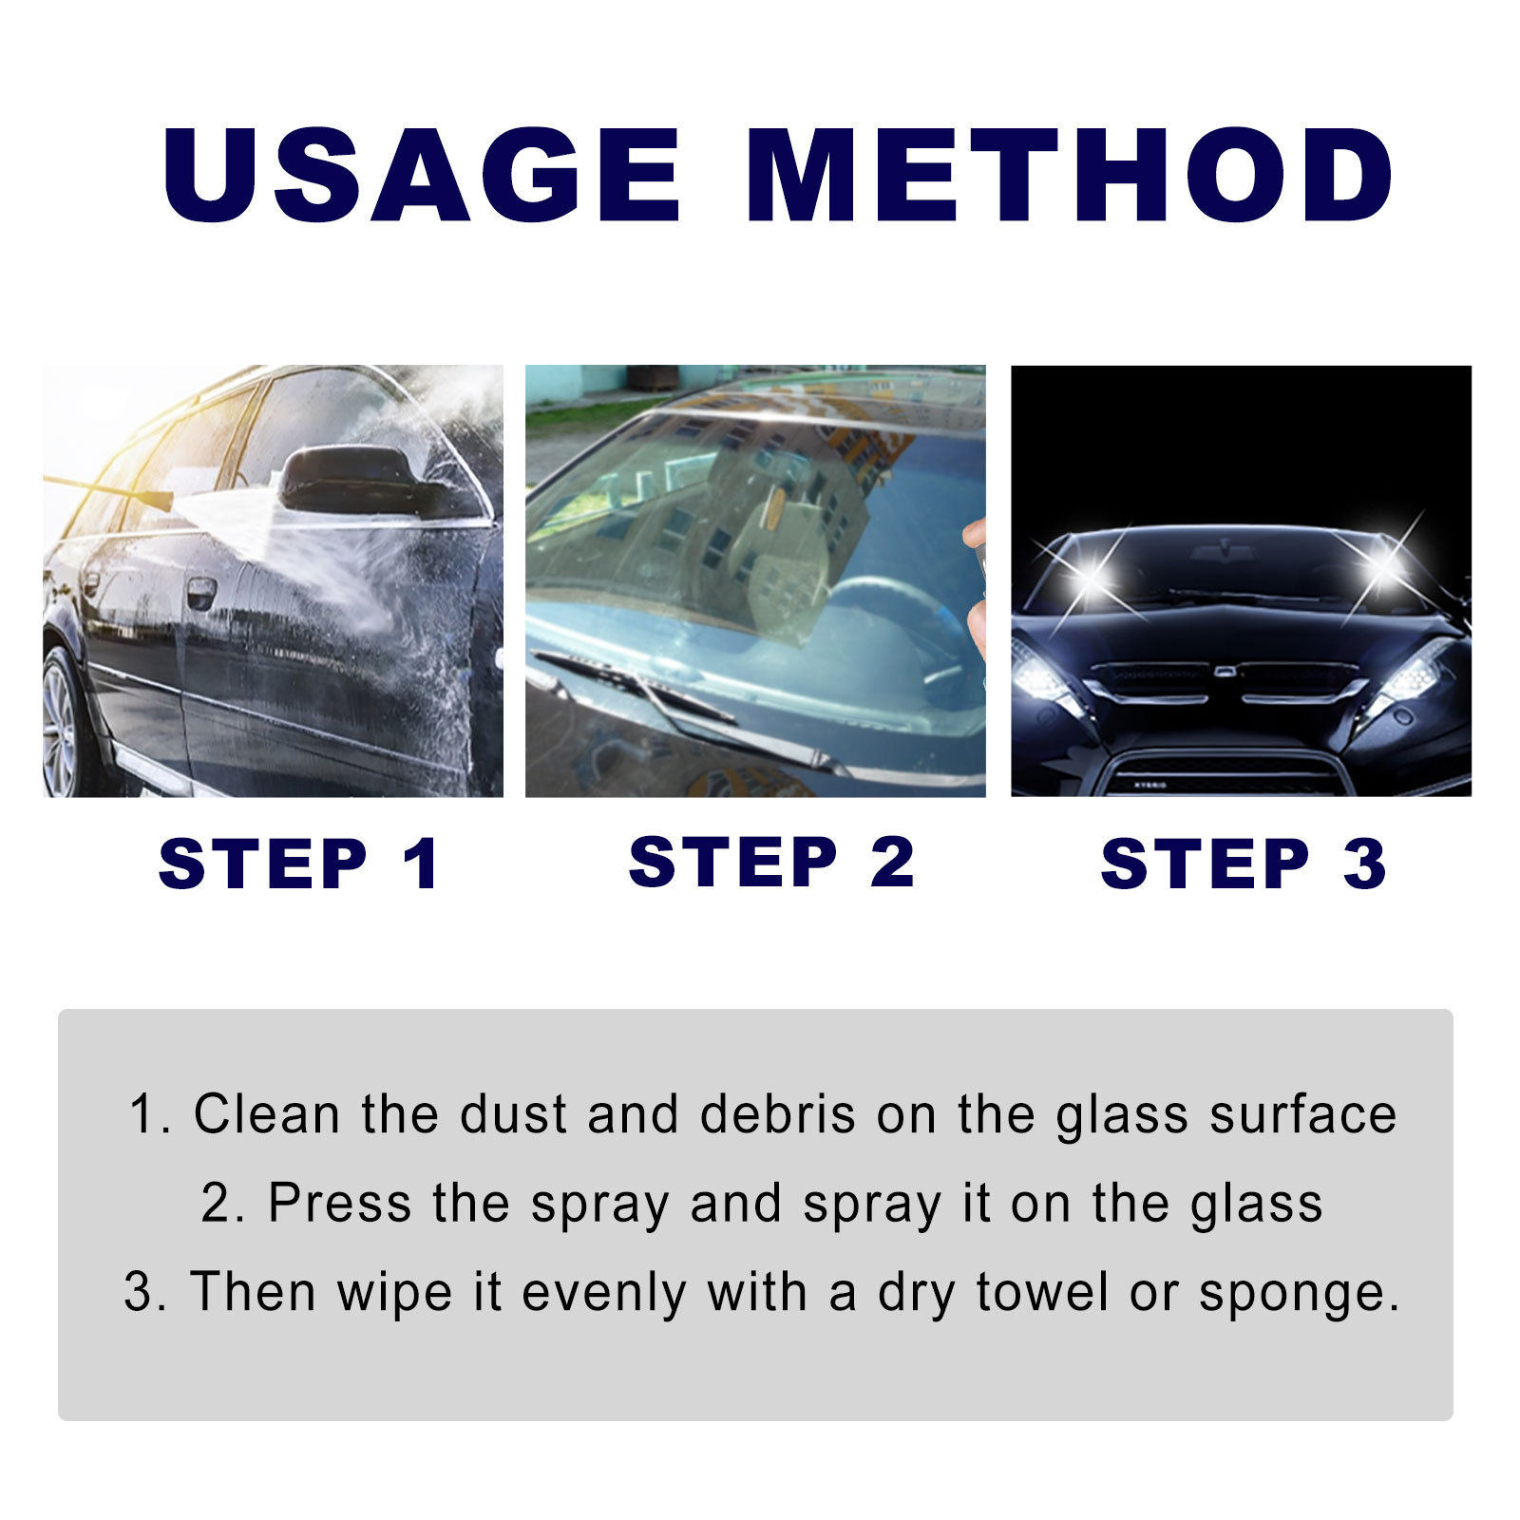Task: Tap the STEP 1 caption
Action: click(x=298, y=864)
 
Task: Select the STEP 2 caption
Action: click(x=770, y=862)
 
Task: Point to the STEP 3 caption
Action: click(x=1243, y=864)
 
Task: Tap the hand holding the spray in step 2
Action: click(x=976, y=589)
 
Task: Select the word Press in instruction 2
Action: click(x=340, y=1203)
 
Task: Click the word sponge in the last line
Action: click(x=1297, y=1294)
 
